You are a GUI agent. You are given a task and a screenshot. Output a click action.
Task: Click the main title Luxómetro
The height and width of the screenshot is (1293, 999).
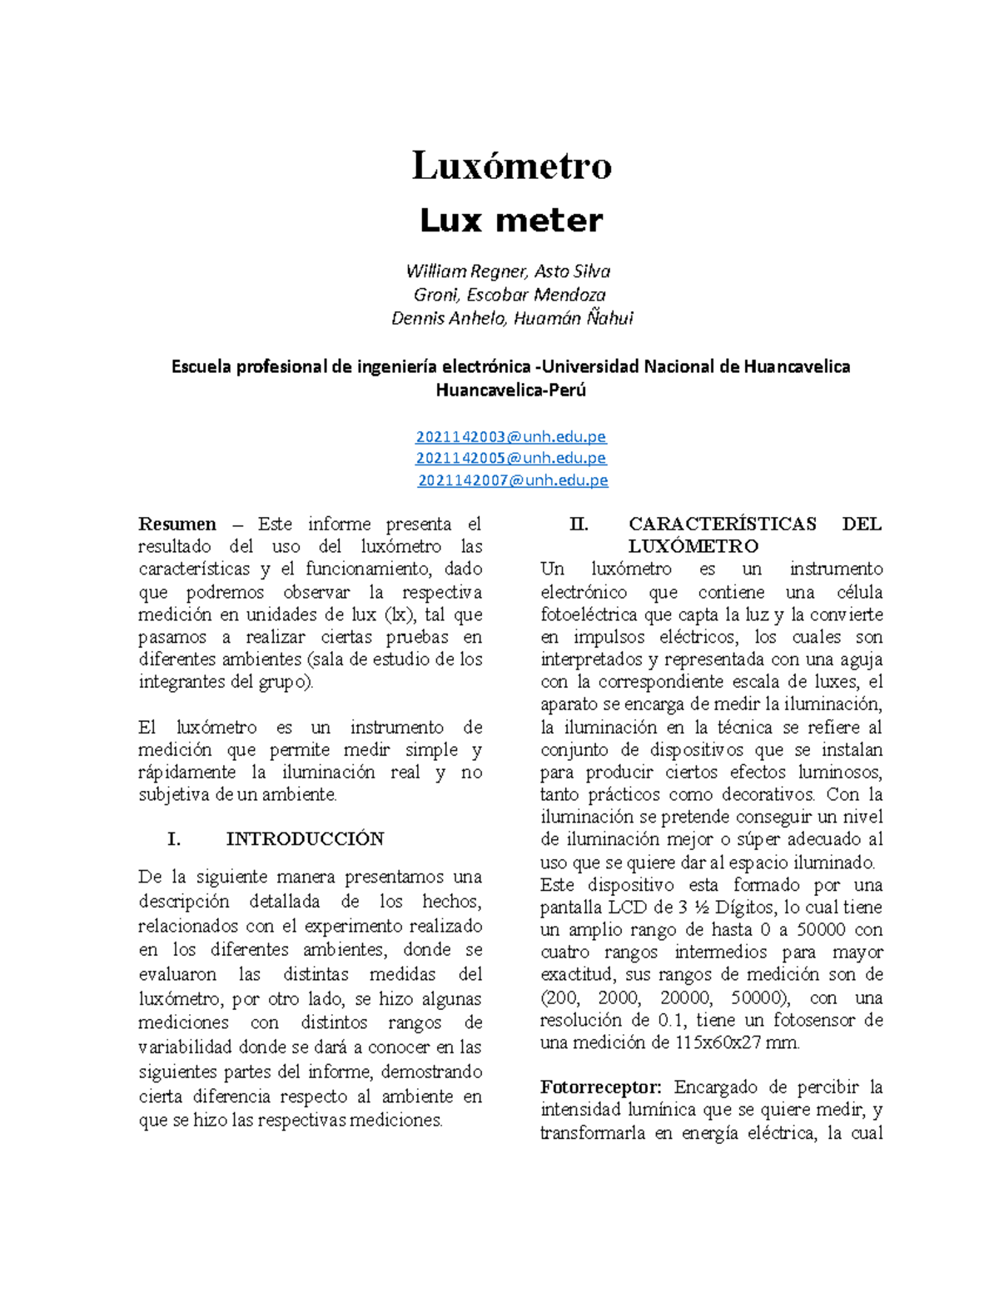point(511,166)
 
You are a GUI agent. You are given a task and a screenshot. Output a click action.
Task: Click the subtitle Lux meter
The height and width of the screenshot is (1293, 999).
point(511,221)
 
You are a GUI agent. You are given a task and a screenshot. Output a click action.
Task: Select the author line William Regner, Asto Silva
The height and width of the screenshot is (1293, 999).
point(508,271)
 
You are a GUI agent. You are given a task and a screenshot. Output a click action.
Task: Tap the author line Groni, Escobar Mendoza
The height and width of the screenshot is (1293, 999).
point(509,295)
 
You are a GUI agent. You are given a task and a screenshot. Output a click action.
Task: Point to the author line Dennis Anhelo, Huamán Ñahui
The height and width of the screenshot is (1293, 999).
point(512,318)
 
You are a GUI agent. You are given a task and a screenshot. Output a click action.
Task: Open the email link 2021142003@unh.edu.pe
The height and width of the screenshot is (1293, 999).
point(511,436)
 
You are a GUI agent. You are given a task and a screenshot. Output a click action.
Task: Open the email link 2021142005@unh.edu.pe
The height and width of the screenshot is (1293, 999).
point(511,458)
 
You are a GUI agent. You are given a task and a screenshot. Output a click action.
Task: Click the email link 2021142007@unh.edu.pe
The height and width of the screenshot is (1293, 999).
point(513,480)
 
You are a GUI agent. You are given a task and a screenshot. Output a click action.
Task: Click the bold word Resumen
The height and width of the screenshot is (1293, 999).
point(176,525)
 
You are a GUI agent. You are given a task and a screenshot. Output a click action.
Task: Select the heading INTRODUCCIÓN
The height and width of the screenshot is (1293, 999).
point(305,839)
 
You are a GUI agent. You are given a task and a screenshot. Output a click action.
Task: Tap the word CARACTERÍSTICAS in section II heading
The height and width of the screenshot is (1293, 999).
point(723,525)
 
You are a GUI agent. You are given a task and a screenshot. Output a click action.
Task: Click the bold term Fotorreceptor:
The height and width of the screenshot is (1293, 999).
point(600,1087)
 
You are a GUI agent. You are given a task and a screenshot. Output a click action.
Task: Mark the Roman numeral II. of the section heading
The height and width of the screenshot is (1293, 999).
point(579,525)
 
